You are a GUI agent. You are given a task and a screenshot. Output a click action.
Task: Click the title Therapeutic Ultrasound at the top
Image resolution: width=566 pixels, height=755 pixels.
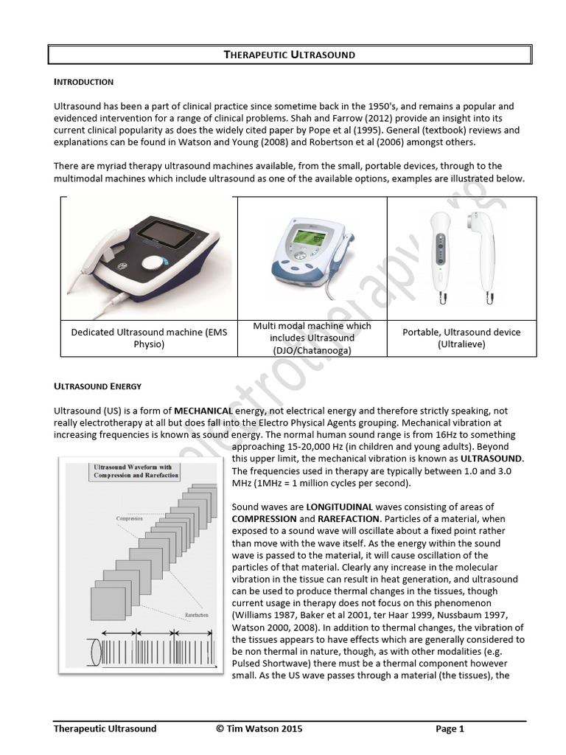289,55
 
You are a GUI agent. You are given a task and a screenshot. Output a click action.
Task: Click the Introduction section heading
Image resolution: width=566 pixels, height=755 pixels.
83,81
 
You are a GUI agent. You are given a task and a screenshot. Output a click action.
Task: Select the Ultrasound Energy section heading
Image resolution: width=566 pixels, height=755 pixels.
97,386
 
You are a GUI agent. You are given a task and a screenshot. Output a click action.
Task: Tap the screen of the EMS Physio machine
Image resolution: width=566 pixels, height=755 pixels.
172,234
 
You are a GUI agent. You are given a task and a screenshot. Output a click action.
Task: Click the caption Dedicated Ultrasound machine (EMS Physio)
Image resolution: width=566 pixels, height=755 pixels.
149,338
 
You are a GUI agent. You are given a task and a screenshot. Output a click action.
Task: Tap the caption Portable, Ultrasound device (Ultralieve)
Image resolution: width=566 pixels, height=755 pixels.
461,338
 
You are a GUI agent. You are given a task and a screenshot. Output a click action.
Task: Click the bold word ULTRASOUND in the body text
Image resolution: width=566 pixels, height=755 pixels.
492,458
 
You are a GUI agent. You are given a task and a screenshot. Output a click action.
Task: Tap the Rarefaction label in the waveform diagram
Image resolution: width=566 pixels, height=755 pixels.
195,613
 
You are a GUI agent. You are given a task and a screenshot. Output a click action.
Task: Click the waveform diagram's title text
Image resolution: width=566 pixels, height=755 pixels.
137,471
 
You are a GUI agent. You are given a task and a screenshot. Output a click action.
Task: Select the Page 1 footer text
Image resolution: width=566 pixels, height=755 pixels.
450,729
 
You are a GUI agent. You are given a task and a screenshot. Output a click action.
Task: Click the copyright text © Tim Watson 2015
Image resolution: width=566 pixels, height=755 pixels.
259,729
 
